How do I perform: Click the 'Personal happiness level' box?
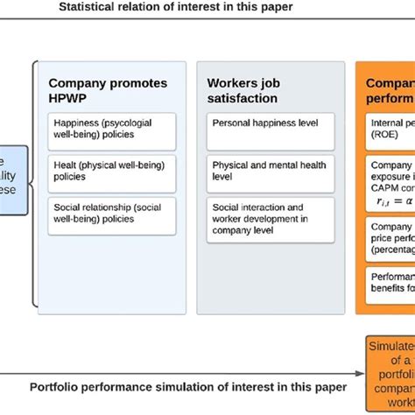click(x=272, y=124)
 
